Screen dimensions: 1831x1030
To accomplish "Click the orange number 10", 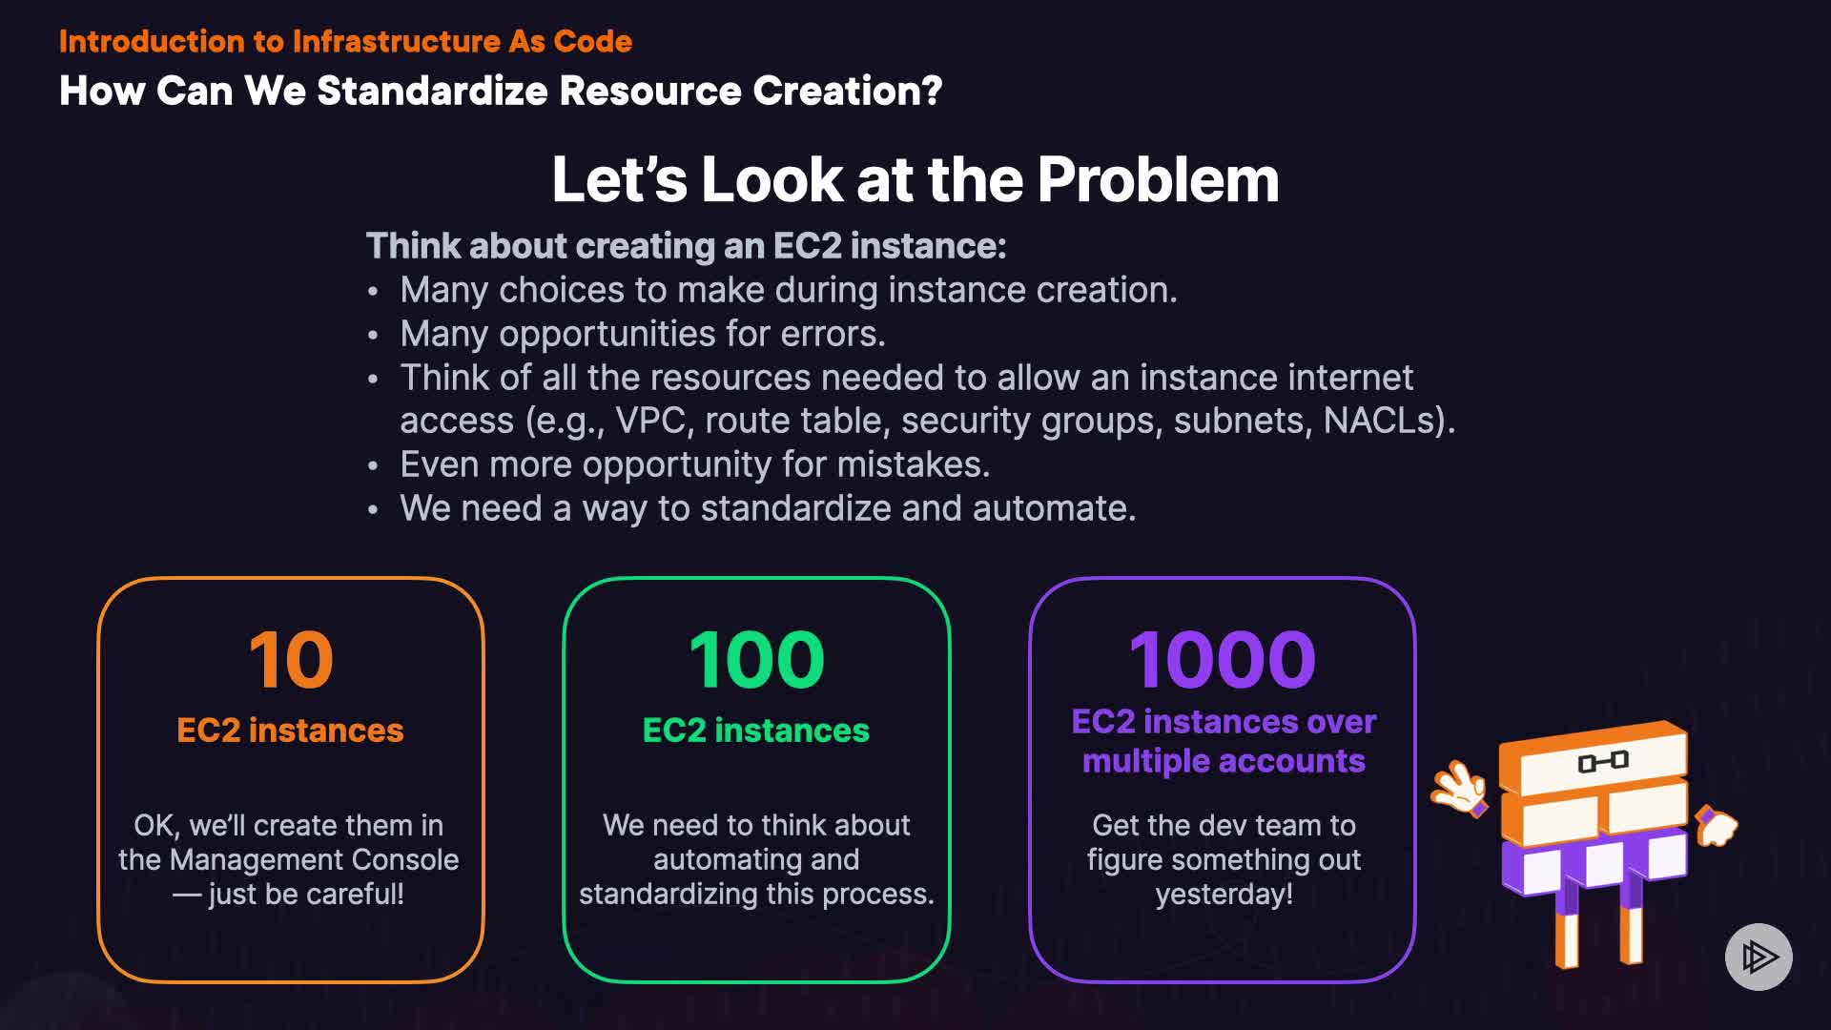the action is click(x=291, y=659).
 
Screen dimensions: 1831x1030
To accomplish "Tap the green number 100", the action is click(x=756, y=659).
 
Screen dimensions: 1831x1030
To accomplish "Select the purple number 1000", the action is click(x=1223, y=659).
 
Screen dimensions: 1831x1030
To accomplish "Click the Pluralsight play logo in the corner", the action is click(x=1759, y=957).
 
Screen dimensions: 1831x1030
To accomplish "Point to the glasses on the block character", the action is click(x=1603, y=761).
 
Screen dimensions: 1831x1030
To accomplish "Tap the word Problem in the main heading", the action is click(x=1158, y=179).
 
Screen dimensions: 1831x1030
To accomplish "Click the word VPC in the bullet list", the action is click(x=649, y=421).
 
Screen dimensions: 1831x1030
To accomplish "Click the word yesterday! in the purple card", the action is click(x=1224, y=894).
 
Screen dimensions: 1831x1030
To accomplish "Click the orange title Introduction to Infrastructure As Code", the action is click(x=345, y=41).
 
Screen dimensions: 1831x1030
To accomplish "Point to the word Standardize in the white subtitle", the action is click(x=432, y=91).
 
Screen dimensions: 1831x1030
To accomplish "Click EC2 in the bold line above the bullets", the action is click(x=807, y=246).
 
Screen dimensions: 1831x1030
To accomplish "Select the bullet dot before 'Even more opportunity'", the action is click(x=373, y=466).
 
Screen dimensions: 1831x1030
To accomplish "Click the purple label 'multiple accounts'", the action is click(x=1224, y=761).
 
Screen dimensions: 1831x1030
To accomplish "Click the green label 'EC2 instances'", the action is click(x=756, y=731).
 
